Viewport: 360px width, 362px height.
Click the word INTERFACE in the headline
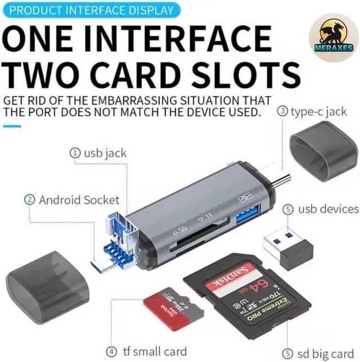pos(175,41)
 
